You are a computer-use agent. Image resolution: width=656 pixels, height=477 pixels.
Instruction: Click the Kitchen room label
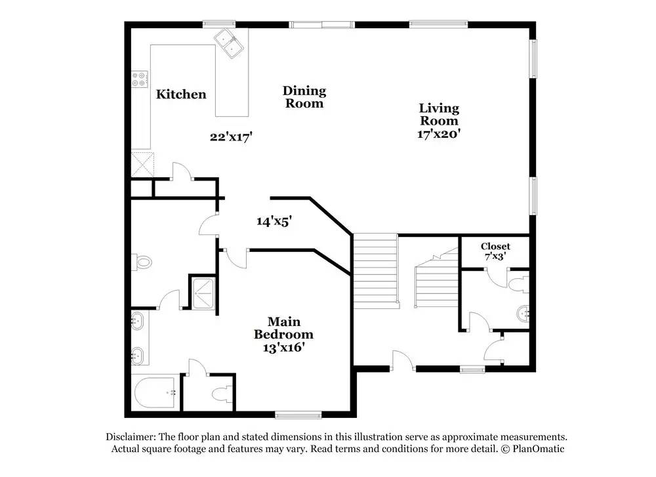point(181,94)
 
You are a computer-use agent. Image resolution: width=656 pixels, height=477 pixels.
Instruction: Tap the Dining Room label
point(304,97)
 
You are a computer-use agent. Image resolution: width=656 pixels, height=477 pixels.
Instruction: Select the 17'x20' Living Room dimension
point(439,134)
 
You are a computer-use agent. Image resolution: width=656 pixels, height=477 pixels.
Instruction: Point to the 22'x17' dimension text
point(232,137)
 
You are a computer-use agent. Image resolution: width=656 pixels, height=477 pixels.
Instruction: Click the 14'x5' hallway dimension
point(274,221)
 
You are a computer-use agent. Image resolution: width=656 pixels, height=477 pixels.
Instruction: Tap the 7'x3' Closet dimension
point(495,256)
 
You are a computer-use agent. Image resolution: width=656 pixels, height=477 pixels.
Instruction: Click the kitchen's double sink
point(229,43)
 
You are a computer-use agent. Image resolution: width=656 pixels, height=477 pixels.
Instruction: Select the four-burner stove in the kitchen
point(140,79)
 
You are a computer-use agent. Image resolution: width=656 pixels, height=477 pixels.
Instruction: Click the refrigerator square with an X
point(142,165)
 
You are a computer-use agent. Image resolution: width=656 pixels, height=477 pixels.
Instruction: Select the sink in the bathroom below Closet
point(523,314)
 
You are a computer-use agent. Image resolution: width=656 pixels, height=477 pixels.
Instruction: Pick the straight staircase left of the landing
point(375,271)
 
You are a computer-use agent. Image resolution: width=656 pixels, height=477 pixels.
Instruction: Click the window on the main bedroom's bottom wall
point(298,415)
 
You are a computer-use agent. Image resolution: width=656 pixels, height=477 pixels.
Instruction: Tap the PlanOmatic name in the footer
point(539,449)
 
